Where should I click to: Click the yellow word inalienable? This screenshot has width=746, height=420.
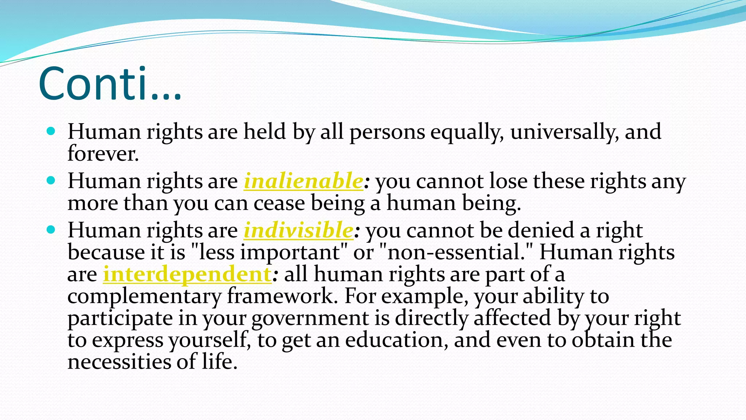[x=303, y=181]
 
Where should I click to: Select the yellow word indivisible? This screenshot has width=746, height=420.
[x=298, y=230]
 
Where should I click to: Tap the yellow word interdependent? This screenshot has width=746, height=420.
[x=187, y=274]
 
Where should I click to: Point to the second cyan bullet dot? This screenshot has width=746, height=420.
[x=51, y=180]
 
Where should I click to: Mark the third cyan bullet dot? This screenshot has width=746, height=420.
[x=51, y=230]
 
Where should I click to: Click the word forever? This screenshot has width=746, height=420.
[x=103, y=153]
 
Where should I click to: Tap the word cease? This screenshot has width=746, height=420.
[x=279, y=203]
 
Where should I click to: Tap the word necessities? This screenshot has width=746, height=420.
[x=119, y=362]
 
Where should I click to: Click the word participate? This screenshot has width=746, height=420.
[x=120, y=318]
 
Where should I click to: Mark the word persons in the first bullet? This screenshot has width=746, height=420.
[x=387, y=132]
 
